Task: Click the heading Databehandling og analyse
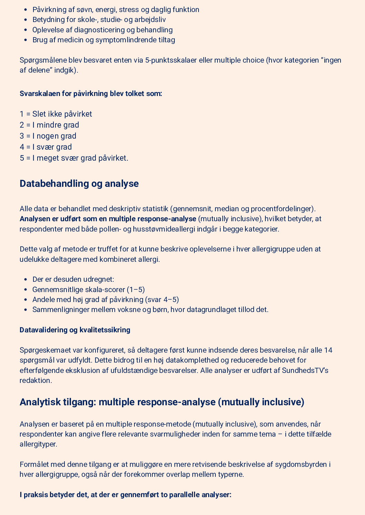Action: [79, 184]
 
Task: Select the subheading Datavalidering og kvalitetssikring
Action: [75, 330]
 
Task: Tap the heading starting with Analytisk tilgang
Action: [162, 402]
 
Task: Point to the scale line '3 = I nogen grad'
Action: [48, 136]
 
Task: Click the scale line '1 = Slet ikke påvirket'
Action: [56, 114]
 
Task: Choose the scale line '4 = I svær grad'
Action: [46, 147]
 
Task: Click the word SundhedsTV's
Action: [305, 370]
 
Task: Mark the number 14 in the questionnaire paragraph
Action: [328, 350]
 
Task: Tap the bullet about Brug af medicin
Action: [103, 40]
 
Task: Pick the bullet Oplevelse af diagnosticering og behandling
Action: [102, 30]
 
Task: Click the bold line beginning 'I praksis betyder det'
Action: [125, 495]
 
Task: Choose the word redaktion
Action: [35, 380]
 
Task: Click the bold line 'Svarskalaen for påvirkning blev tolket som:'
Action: [91, 94]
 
